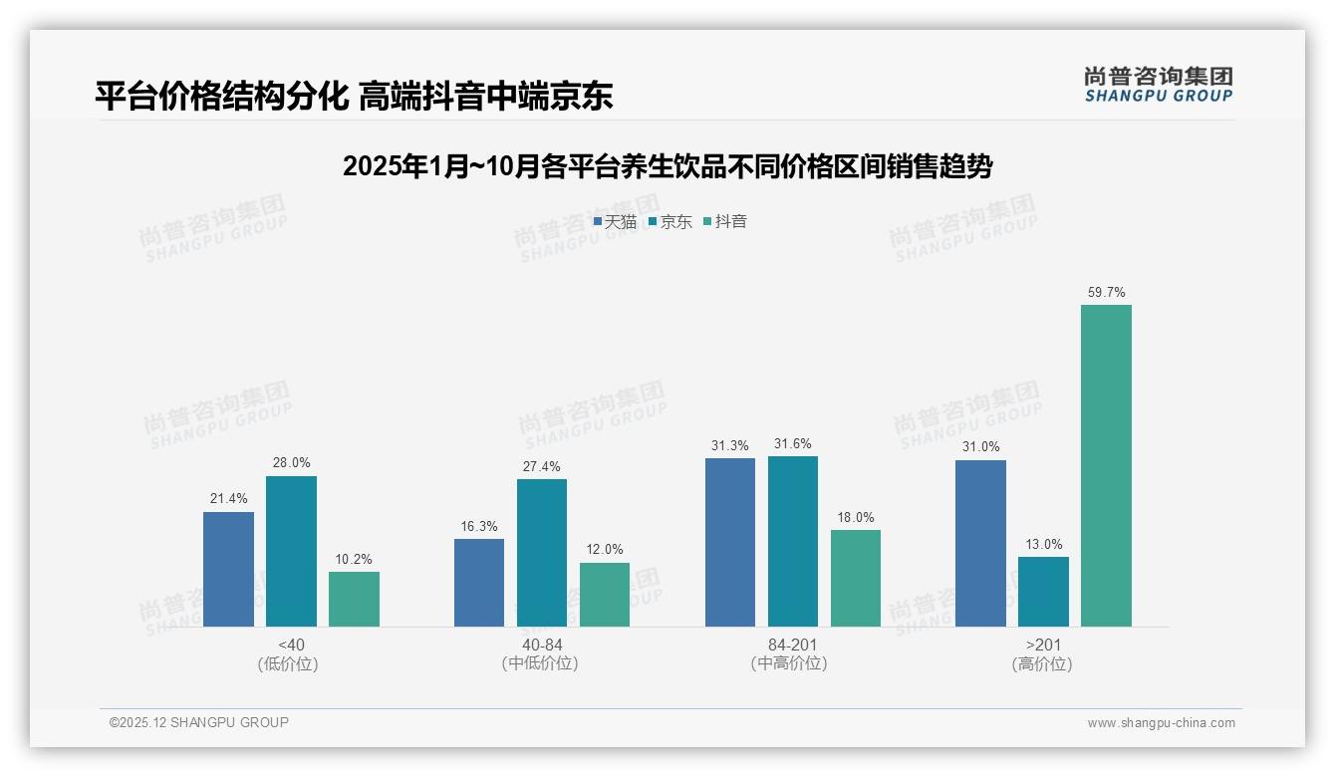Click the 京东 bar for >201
(1043, 592)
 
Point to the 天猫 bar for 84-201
(730, 542)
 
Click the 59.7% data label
(1106, 293)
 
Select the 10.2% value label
(354, 560)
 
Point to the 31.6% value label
(793, 444)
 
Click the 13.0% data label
(1043, 545)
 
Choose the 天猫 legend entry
(615, 222)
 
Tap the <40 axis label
(292, 645)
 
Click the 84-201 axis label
(793, 645)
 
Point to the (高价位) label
(1042, 664)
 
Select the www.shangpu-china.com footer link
(1161, 723)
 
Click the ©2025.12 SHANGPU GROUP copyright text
(199, 722)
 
